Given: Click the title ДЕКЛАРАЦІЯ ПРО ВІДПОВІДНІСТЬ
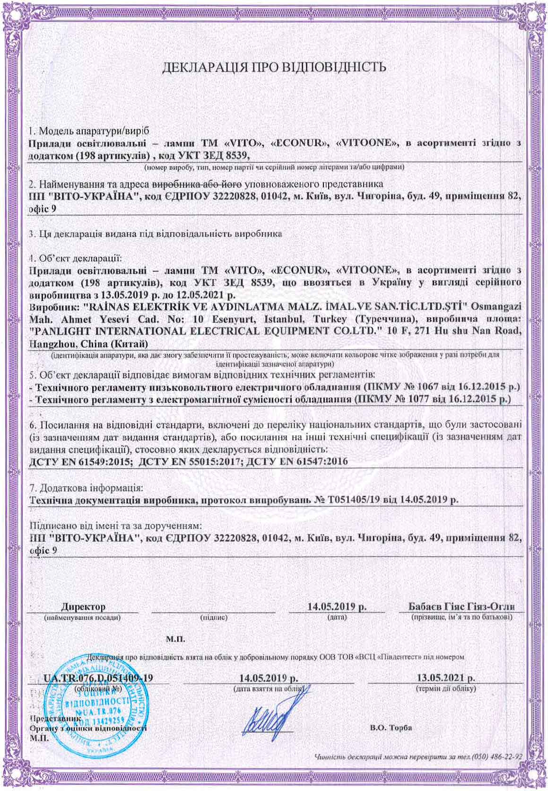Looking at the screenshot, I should coord(274,67).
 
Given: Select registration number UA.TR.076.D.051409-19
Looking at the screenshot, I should coord(98,678).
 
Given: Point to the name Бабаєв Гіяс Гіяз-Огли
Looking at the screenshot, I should coord(461,607).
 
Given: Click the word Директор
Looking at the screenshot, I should coord(83,607).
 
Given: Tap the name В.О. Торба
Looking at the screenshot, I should coord(390,728).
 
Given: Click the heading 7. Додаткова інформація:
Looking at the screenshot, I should coord(86,487).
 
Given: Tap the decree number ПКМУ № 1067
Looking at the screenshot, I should coord(407,387).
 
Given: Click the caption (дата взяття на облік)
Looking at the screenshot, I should coord(270,688).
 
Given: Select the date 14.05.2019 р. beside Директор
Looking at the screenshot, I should coord(337,607).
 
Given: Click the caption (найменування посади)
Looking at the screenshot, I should coord(82,617).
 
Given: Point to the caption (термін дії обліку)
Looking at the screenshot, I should coord(445,688).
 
